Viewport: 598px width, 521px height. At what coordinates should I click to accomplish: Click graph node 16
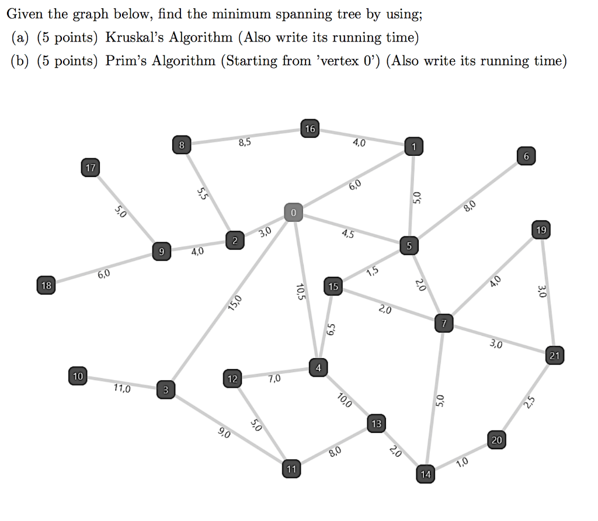[x=310, y=128]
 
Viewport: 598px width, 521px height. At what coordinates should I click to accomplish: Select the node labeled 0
[x=294, y=212]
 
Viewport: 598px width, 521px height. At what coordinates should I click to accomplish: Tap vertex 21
[x=555, y=355]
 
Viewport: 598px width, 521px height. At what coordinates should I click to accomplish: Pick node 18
[x=46, y=286]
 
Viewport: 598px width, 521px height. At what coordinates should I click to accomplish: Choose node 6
[x=526, y=157]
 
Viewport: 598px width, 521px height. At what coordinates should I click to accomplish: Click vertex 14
[x=425, y=474]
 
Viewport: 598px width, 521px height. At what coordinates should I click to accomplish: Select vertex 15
[x=333, y=287]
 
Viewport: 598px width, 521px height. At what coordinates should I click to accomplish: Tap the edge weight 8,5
[x=244, y=143]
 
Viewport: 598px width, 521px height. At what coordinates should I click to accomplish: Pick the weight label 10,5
[x=301, y=291]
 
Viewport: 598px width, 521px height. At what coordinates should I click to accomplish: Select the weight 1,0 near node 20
[x=461, y=463]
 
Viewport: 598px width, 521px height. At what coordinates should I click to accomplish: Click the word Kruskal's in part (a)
[x=136, y=38]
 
